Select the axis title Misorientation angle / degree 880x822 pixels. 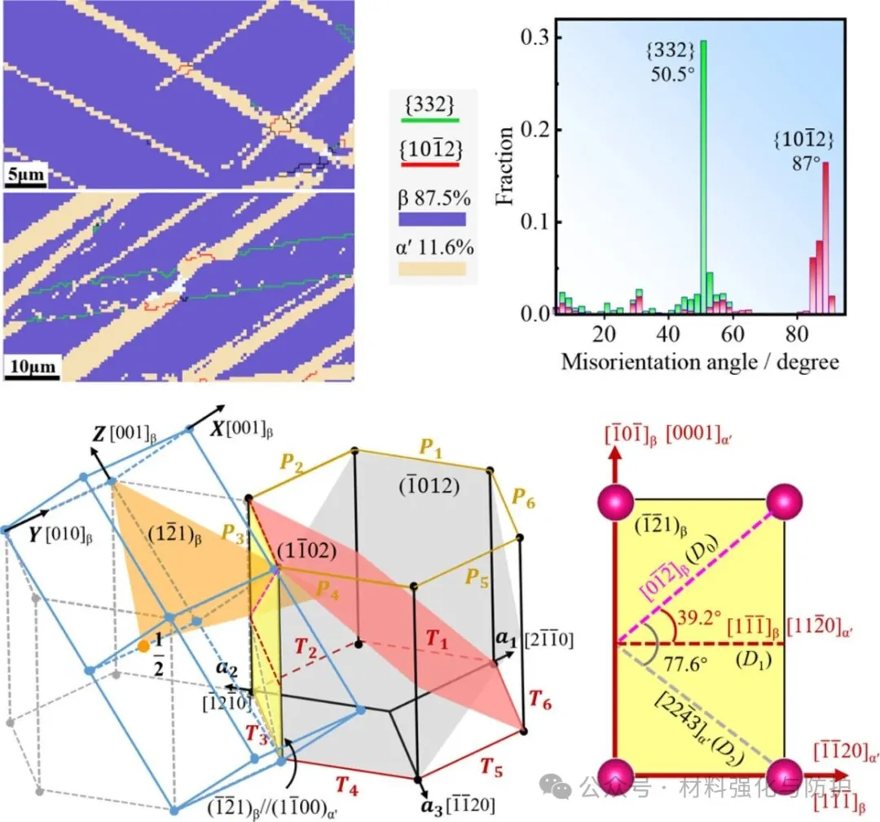pos(700,361)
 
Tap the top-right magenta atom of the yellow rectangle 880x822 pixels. pos(785,500)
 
